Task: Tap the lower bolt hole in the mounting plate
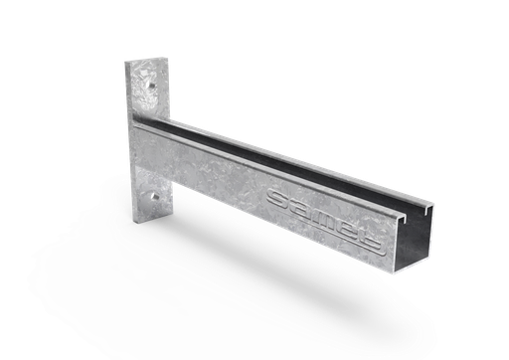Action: [155, 205]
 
